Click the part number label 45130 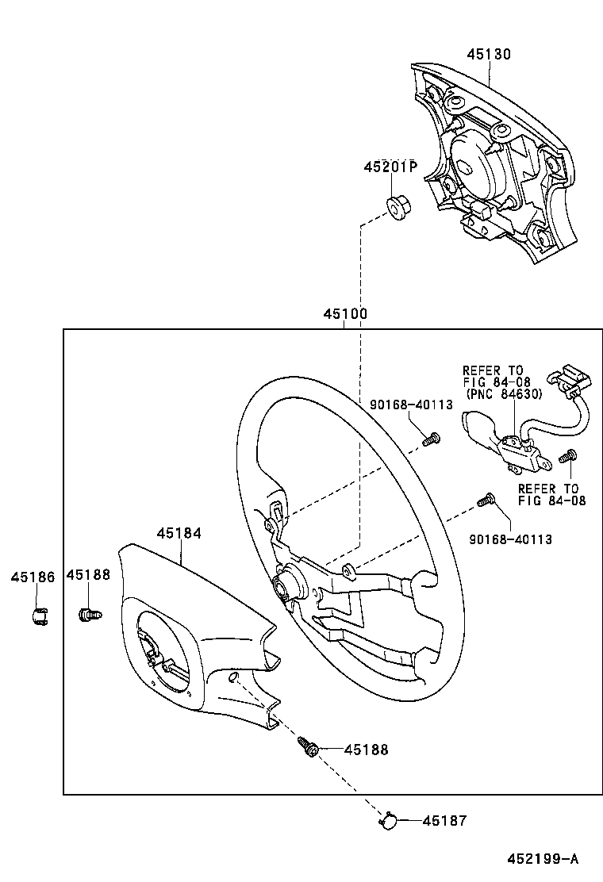tap(489, 55)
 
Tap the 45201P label tap(390, 167)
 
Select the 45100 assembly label tap(345, 314)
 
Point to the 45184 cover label tap(179, 534)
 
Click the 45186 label tap(33, 577)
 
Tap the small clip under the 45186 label tap(38, 615)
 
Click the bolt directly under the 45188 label tap(88, 613)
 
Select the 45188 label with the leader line tap(367, 750)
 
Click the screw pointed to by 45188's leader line tap(308, 746)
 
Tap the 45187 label tap(444, 821)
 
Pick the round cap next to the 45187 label tap(389, 822)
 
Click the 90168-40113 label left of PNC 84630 tap(411, 405)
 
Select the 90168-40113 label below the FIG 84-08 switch tap(510, 539)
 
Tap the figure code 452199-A tap(543, 859)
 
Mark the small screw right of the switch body tap(567, 457)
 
